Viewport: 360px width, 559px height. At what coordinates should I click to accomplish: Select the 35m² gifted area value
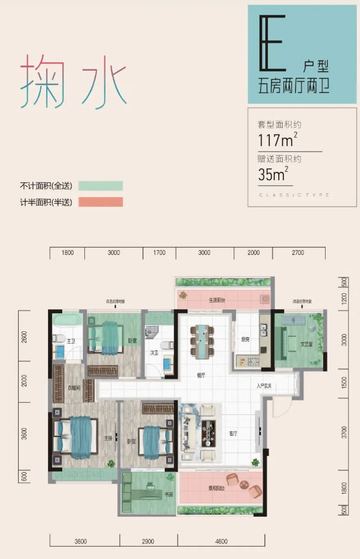(x=272, y=174)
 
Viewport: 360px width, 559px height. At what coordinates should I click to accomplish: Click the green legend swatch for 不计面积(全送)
(x=101, y=186)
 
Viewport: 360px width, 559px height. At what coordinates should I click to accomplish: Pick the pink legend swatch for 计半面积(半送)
(x=101, y=202)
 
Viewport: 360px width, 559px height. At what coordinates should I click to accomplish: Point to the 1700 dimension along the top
(x=160, y=254)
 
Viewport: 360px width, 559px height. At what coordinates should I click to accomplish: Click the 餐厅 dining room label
(x=202, y=375)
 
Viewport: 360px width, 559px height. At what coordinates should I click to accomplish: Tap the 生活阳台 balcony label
(x=216, y=300)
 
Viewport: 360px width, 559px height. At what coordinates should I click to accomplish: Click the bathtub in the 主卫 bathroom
(x=66, y=322)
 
